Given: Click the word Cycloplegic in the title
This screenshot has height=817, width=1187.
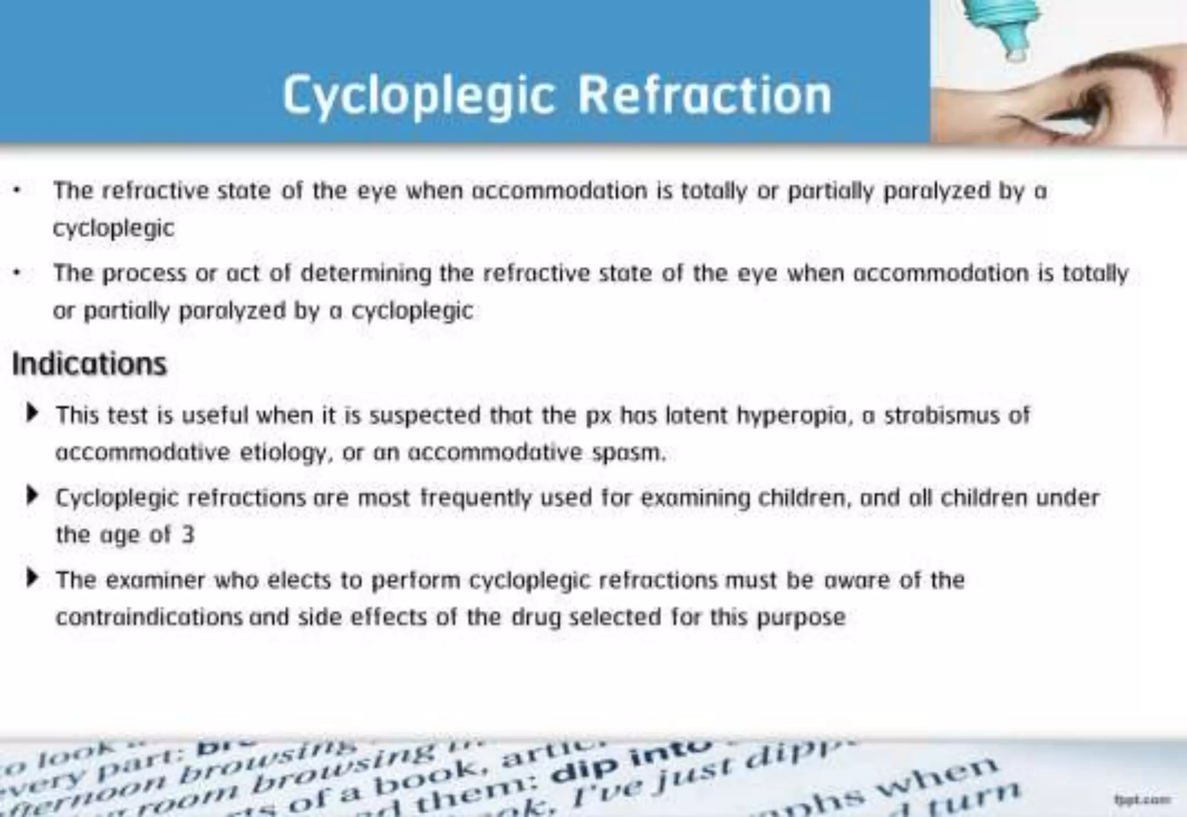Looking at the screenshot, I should coord(418,96).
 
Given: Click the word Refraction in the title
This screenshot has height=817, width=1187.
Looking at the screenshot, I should coord(705,95).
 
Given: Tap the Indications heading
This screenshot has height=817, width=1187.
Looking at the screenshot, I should coord(89,365).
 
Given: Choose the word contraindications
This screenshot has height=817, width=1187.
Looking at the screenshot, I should coord(149,618).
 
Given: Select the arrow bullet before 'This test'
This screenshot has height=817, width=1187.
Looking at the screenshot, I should coord(32,413).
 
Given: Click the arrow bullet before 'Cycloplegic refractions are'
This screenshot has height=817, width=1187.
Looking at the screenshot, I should coord(32,496).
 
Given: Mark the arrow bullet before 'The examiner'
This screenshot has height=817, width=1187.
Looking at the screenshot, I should coord(32,578).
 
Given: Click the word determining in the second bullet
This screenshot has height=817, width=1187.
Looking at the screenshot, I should coord(366,273).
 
